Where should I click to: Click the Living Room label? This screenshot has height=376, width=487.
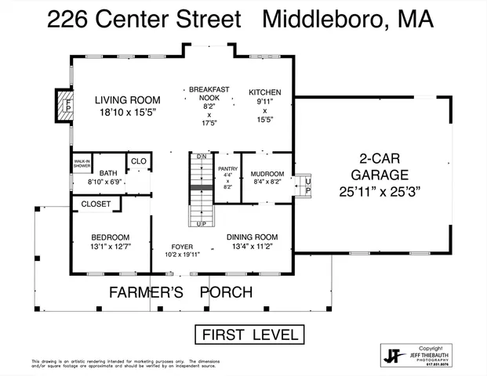[128, 100]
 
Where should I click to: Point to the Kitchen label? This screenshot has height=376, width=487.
[264, 92]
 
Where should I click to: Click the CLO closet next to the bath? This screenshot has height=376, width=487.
[138, 161]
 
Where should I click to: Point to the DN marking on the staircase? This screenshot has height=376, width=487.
[202, 157]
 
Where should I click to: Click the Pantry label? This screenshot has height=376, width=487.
[227, 169]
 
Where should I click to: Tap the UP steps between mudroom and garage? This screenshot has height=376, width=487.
[307, 186]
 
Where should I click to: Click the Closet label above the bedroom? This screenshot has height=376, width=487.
[96, 204]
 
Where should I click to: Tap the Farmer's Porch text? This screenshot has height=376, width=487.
[180, 293]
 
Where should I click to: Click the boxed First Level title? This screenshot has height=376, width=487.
[248, 335]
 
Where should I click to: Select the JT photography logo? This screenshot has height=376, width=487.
[392, 355]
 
